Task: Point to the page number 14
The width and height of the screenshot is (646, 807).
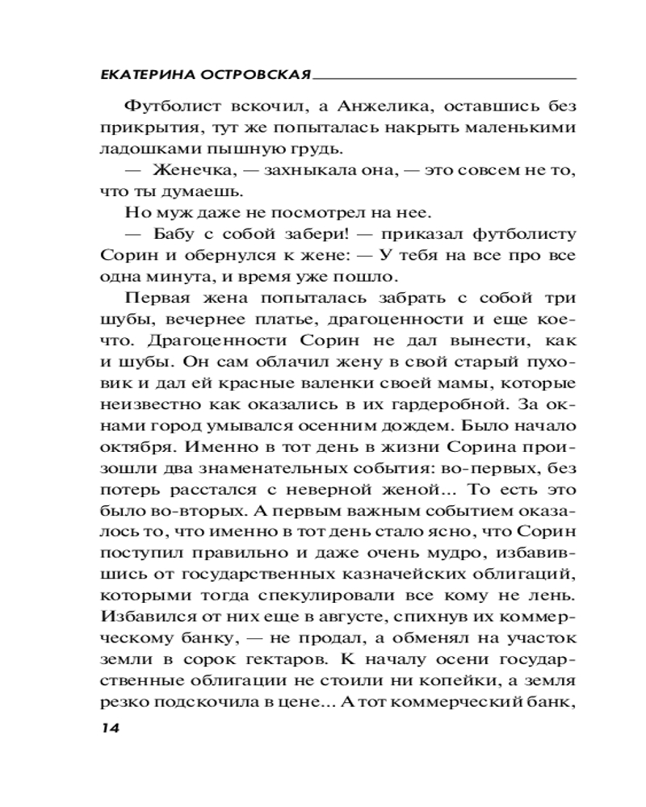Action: pos(110,727)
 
